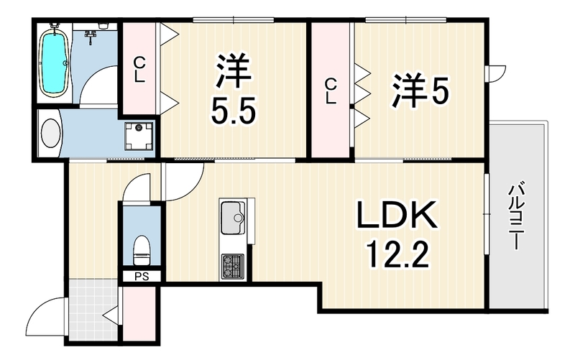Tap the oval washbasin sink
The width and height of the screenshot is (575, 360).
pyautogui.click(x=50, y=134)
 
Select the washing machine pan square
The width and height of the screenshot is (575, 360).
pyautogui.click(x=138, y=135)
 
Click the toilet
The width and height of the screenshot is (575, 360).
pyautogui.click(x=142, y=249)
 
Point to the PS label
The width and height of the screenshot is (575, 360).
pyautogui.click(x=142, y=276)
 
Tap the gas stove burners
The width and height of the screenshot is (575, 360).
pyautogui.click(x=232, y=265)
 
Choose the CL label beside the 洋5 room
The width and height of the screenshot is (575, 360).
pyautogui.click(x=330, y=91)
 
